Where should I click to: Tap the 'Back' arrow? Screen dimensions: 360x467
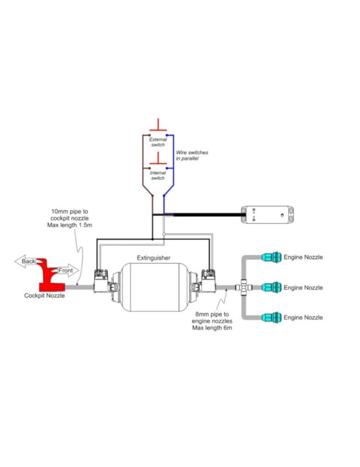click(x=26, y=261)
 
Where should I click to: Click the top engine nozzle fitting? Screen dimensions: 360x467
click(x=271, y=257)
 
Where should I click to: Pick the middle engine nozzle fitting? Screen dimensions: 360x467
click(x=271, y=287)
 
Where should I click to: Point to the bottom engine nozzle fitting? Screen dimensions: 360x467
click(x=271, y=318)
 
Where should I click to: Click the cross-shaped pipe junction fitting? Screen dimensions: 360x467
click(x=244, y=287)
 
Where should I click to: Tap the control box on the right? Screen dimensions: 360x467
click(x=267, y=214)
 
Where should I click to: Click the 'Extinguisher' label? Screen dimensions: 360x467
click(x=153, y=258)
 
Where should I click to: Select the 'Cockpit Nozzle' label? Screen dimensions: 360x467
click(x=44, y=296)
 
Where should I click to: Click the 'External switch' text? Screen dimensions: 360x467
click(x=158, y=142)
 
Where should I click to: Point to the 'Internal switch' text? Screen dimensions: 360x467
click(x=158, y=176)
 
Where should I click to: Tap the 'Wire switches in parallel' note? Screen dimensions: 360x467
click(x=192, y=156)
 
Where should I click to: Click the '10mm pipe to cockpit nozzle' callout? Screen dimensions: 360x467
click(x=70, y=218)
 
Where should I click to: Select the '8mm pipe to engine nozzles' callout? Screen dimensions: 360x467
click(x=212, y=321)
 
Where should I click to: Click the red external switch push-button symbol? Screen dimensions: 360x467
click(x=158, y=125)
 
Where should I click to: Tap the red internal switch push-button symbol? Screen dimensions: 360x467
click(x=158, y=158)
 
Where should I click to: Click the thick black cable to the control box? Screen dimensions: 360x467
click(x=207, y=214)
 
